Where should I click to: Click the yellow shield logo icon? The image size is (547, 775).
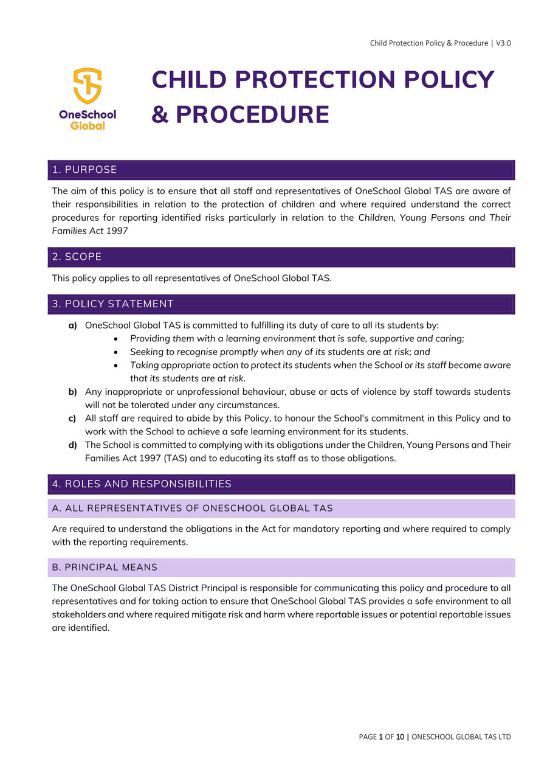[x=88, y=86]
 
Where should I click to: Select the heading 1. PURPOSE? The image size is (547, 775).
[x=84, y=170]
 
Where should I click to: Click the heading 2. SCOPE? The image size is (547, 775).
[x=77, y=257]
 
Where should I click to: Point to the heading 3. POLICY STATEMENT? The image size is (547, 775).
[x=113, y=304]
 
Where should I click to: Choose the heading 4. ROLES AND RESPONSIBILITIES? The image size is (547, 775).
[x=142, y=484]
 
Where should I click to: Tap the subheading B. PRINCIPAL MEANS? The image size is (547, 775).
[x=105, y=568]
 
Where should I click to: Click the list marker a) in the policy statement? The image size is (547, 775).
[x=72, y=325]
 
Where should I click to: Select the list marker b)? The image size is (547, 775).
[x=72, y=392]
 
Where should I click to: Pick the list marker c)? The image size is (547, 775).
[x=72, y=419]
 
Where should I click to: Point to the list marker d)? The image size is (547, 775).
[x=72, y=445]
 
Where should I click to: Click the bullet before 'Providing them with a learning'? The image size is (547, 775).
[x=116, y=339]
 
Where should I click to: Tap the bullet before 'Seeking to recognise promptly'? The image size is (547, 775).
[x=116, y=352]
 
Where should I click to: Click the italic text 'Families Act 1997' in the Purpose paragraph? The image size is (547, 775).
[x=90, y=231]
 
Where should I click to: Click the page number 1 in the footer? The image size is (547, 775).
[x=381, y=737]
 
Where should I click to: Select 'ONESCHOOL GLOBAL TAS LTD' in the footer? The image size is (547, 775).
[x=461, y=737]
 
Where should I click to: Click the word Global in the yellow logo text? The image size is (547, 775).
[x=88, y=126]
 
